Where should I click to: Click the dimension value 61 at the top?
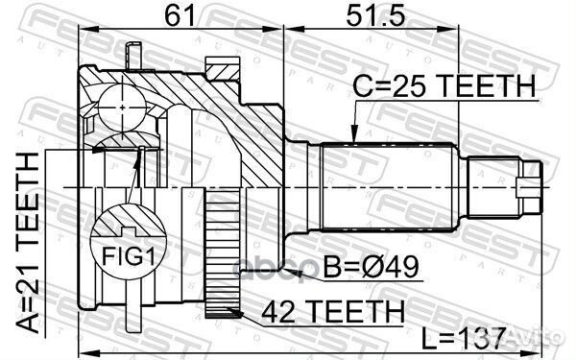180,15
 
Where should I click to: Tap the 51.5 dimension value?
375,15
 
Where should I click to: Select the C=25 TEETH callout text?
444,86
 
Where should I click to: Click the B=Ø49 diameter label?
371,267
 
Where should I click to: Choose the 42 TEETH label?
333,311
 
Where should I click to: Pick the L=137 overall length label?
464,339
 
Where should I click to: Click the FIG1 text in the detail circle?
129,256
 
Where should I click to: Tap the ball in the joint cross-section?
122,108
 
